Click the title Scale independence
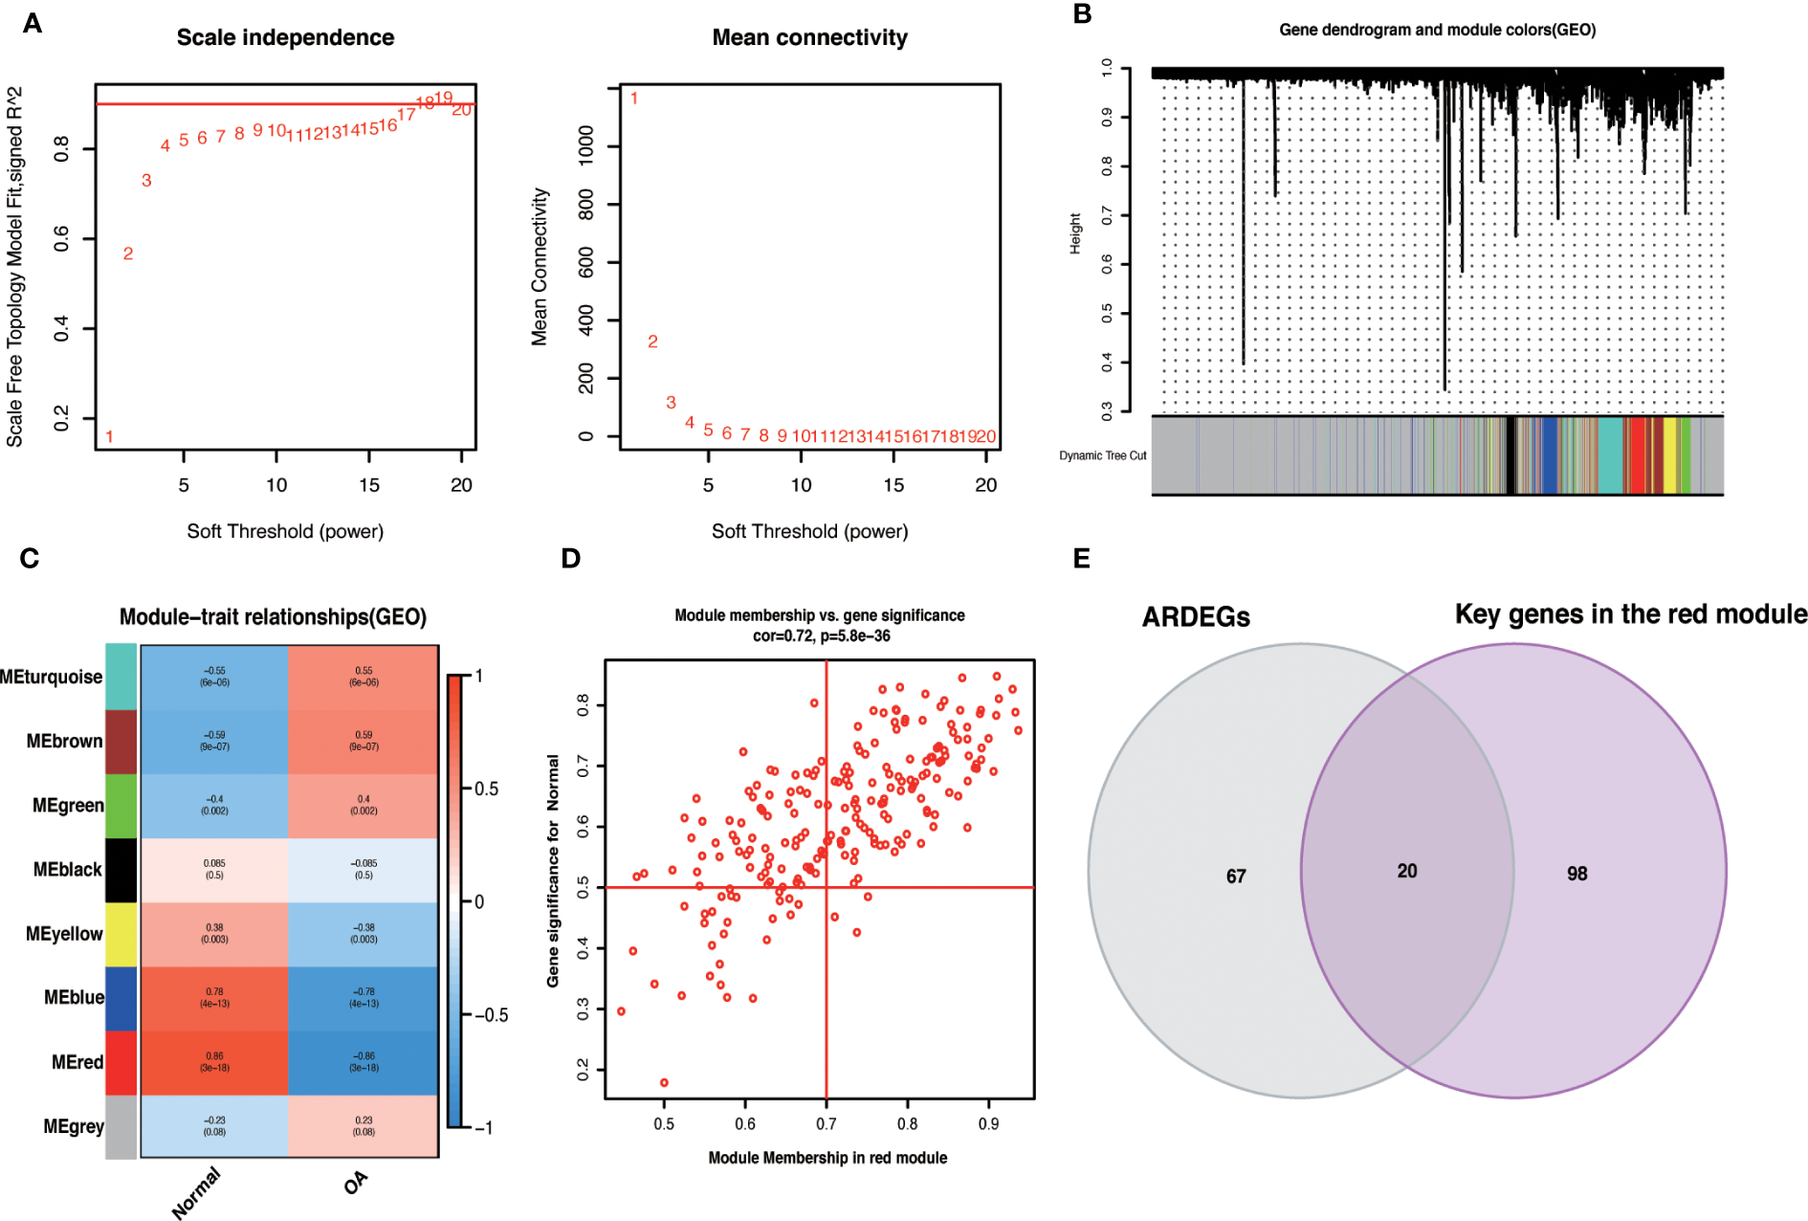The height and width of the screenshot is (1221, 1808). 285,37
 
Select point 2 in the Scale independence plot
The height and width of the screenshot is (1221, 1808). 128,254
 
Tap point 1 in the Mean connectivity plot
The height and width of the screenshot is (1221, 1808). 633,99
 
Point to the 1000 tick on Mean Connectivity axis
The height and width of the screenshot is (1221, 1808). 585,145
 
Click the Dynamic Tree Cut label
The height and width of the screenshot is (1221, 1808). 1102,455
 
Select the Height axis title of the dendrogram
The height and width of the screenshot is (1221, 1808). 1075,233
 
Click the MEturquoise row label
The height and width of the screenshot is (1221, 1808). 52,677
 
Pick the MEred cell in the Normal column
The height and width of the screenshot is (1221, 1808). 214,1062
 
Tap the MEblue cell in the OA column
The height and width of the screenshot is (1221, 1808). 364,998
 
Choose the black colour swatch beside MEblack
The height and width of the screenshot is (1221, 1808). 121,870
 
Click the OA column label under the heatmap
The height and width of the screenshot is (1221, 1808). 355,1184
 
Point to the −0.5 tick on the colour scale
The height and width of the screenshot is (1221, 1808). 491,1015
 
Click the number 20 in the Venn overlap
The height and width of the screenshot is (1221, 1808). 1406,871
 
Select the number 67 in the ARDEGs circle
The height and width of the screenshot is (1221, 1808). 1236,877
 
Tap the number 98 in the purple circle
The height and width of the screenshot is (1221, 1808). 1576,874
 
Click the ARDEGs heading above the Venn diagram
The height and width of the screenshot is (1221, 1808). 1196,617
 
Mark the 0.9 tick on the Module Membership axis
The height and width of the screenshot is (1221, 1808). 988,1123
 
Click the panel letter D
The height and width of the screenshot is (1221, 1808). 570,559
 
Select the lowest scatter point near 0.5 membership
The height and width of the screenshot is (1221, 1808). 664,1082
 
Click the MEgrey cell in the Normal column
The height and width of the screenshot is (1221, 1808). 214,1126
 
